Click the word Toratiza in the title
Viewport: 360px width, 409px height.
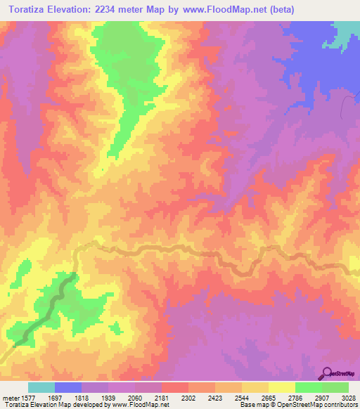click(x=32, y=9)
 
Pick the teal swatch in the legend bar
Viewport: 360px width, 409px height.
click(x=41, y=387)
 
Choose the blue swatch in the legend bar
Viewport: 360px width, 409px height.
click(x=68, y=387)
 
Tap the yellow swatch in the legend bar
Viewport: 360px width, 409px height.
click(x=282, y=387)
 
